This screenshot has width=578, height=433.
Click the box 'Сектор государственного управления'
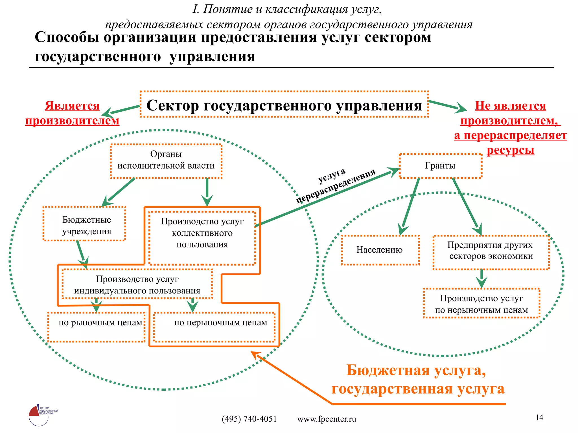[x=284, y=105]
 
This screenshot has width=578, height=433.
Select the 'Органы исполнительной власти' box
[x=166, y=161]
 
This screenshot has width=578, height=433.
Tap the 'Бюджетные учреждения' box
[x=84, y=224]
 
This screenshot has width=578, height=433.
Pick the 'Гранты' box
[x=440, y=166]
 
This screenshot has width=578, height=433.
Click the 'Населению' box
[x=380, y=250]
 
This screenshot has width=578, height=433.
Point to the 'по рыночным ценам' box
[x=97, y=327]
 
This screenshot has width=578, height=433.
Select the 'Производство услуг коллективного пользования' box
[x=202, y=238]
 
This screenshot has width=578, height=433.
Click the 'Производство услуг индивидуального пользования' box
[x=137, y=284]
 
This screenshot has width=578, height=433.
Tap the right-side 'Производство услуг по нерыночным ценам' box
[x=481, y=303]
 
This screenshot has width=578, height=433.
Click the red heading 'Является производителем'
[x=72, y=113]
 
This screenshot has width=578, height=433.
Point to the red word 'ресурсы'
[x=510, y=150]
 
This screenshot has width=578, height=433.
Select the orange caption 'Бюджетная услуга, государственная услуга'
[x=418, y=379]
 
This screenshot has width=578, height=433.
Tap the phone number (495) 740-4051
[x=249, y=419]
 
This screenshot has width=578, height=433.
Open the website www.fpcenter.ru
[x=327, y=419]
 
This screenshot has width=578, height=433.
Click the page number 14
[x=539, y=417]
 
